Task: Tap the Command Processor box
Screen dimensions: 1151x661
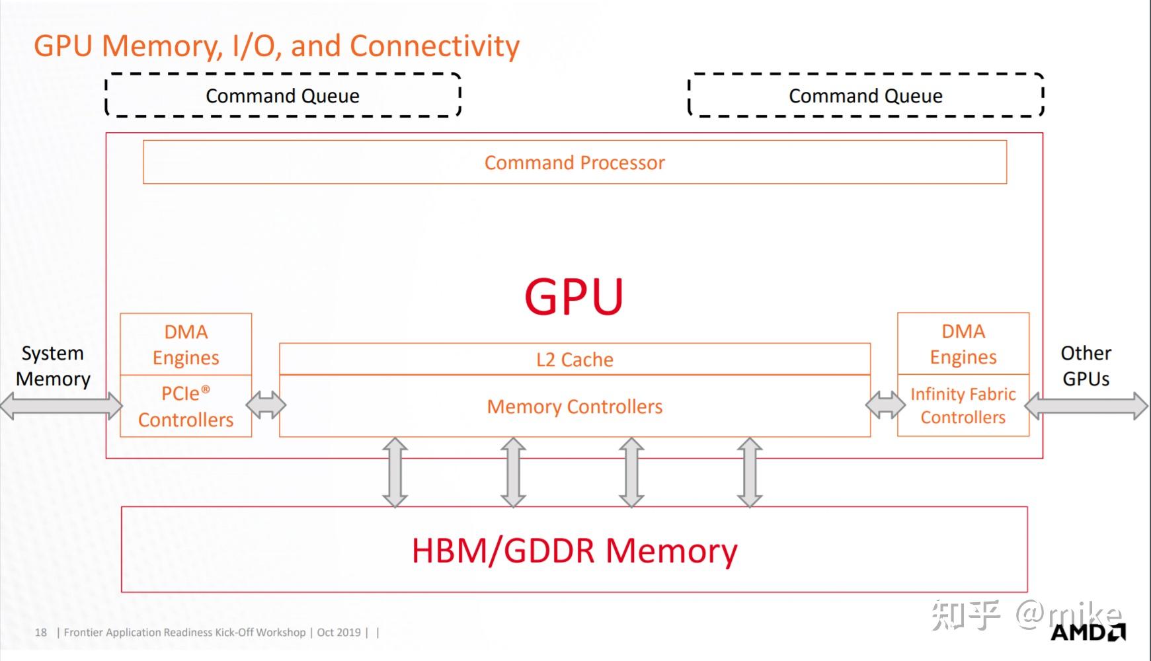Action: [575, 162]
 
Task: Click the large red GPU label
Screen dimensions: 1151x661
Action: [574, 295]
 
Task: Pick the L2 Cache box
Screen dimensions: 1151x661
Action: [575, 359]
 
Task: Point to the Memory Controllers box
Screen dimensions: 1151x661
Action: [575, 406]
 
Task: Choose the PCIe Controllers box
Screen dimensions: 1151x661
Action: [186, 406]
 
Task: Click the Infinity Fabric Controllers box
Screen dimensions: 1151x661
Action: [963, 405]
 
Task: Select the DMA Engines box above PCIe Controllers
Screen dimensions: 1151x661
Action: [186, 344]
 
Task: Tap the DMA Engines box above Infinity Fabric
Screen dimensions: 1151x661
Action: [963, 344]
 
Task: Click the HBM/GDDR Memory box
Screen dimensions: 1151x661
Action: [574, 549]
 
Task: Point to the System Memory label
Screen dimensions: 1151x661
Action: [53, 366]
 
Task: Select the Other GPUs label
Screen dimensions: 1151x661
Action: [1086, 366]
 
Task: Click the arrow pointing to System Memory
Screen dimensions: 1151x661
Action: [61, 406]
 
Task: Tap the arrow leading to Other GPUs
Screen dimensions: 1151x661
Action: [1087, 406]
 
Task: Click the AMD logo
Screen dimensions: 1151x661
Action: [1088, 632]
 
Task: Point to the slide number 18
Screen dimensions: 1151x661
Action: [41, 633]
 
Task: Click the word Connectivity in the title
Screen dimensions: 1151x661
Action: [434, 46]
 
